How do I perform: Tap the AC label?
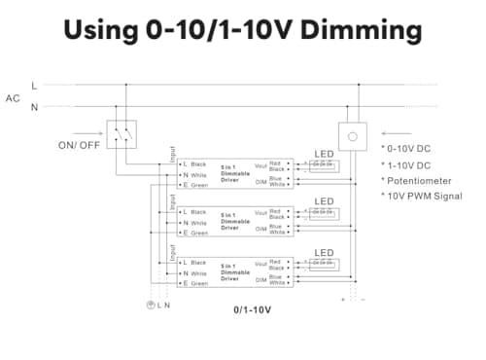13,98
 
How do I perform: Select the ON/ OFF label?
79,145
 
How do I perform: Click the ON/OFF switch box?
121,134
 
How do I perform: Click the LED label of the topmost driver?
325,153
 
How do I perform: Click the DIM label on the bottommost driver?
260,280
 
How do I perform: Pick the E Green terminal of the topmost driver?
195,183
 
